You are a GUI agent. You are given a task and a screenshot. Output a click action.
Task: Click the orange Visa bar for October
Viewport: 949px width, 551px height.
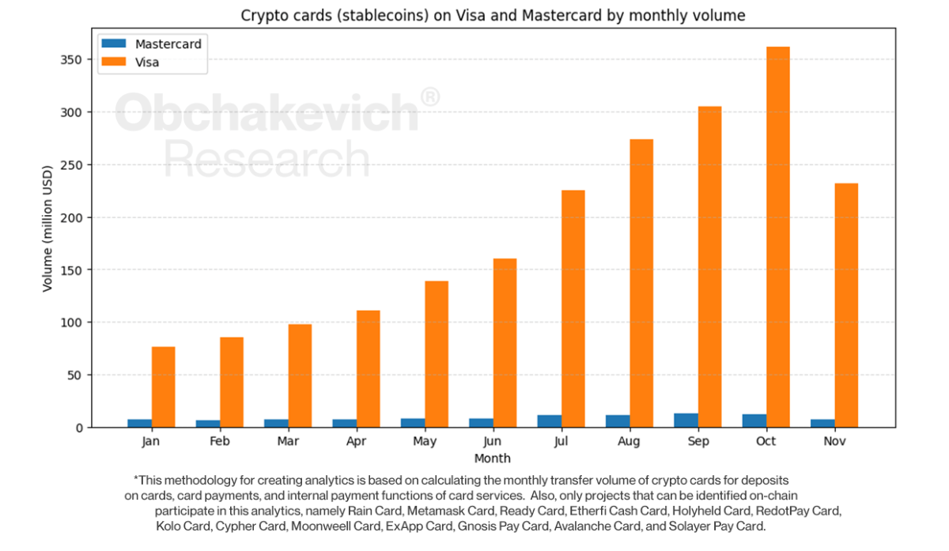tap(778, 237)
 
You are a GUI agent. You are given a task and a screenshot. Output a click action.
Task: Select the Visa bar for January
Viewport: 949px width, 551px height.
tap(164, 387)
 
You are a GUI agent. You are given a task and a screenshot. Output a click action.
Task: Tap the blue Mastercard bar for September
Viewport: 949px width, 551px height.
tap(686, 421)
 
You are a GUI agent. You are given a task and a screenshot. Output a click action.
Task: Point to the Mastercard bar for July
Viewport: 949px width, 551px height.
tap(550, 421)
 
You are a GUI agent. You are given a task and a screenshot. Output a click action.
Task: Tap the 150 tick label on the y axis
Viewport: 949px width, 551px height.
tap(74, 270)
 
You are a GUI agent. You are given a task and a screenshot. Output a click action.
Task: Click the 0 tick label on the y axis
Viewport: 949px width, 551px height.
tap(79, 428)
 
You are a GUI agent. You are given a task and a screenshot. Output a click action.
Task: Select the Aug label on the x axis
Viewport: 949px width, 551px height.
tap(630, 441)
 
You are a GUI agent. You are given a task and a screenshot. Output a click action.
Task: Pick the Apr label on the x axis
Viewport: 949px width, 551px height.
tap(356, 441)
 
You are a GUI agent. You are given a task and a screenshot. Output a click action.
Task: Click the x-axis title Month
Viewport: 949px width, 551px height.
tap(493, 459)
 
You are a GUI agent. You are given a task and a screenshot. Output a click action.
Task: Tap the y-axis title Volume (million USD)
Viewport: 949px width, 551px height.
tap(47, 229)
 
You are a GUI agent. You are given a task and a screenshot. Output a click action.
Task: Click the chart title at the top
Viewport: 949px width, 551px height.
tap(493, 15)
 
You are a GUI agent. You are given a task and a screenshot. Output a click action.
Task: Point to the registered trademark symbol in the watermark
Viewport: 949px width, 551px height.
tap(429, 97)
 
